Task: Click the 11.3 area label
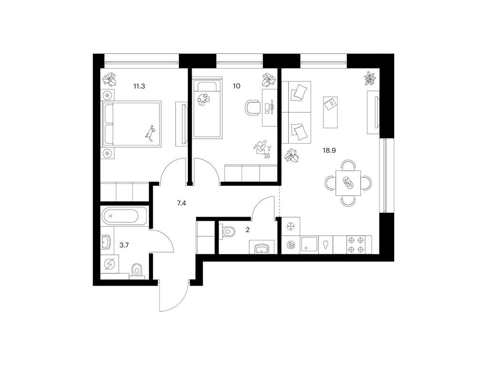pos(139,86)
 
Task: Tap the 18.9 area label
pos(330,151)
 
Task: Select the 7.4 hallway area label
pos(181,203)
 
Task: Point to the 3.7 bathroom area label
pos(124,245)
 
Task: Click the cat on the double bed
pos(150,133)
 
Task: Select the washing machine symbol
pos(110,264)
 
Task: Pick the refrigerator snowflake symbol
pos(291,227)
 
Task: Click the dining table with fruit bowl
pos(349,183)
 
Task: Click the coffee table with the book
pos(330,112)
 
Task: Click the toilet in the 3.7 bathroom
pos(136,270)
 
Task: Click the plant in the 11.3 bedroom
pos(110,79)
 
